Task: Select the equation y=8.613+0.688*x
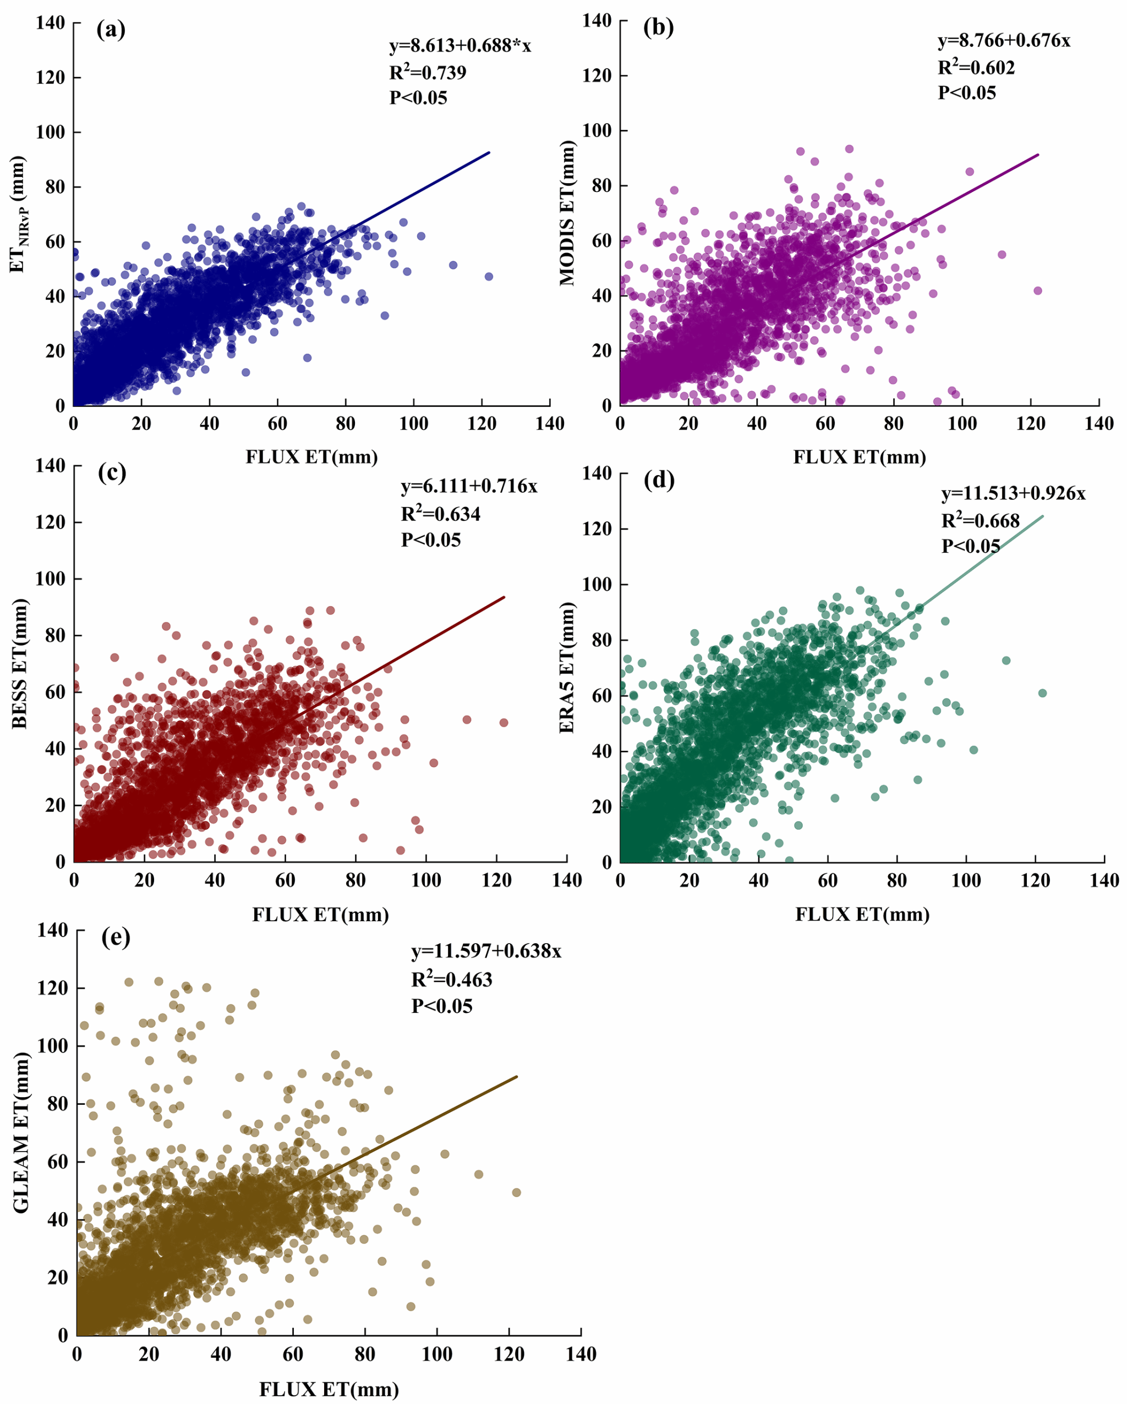pos(460,46)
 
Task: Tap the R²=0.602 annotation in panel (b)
pos(976,67)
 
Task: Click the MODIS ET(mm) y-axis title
pos(567,213)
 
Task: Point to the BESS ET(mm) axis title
pos(20,663)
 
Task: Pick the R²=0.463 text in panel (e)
pos(451,979)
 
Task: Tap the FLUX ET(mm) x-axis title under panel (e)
pos(329,1389)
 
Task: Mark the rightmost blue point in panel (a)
pos(489,277)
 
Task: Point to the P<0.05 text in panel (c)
pos(431,540)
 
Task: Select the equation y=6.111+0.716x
pos(469,487)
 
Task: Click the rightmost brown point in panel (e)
pos(517,1192)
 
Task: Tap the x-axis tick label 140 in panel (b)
pos(1099,424)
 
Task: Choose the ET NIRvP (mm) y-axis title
pos(18,213)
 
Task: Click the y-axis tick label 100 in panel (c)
pos(50,579)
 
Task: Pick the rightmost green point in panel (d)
pos(1042,693)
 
